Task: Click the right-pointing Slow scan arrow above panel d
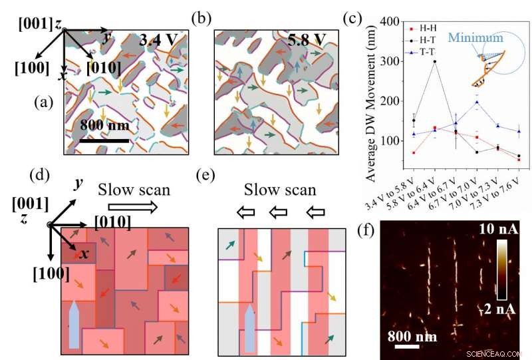(143, 208)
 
